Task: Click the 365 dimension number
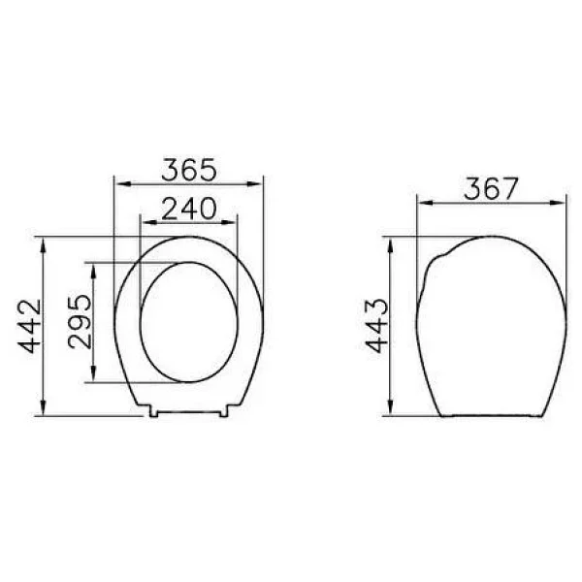tap(189, 170)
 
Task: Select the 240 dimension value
tap(189, 209)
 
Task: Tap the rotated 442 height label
tap(30, 326)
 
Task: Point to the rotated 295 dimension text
tap(80, 321)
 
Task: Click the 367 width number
tap(491, 189)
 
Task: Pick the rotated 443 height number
tap(376, 326)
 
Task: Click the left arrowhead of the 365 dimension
tap(123, 183)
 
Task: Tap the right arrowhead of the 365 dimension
tap(254, 183)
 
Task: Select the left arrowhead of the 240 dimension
tap(148, 223)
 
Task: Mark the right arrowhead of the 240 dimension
tap(228, 223)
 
